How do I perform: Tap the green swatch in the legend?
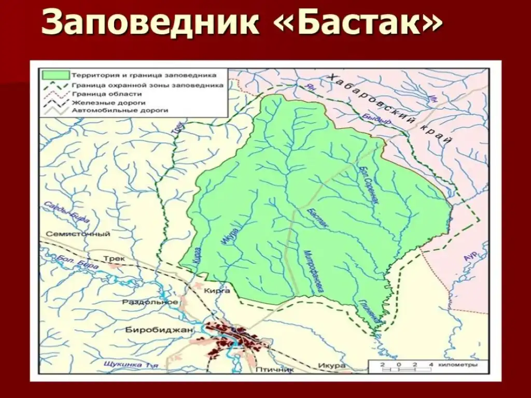(x=56, y=74)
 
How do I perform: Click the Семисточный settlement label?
(x=78, y=234)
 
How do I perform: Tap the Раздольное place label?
(x=150, y=302)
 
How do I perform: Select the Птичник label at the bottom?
(x=274, y=370)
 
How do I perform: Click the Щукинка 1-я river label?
(x=130, y=364)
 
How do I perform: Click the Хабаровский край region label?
(x=392, y=109)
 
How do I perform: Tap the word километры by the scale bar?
(x=456, y=365)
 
